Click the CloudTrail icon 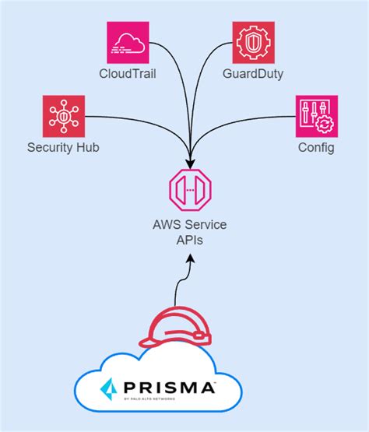(128, 42)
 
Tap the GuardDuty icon (254, 42)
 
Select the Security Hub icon (64, 116)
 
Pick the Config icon (316, 116)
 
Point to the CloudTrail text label (128, 74)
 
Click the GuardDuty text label (254, 74)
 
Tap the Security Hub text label (63, 148)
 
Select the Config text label (316, 148)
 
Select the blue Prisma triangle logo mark (109, 387)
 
